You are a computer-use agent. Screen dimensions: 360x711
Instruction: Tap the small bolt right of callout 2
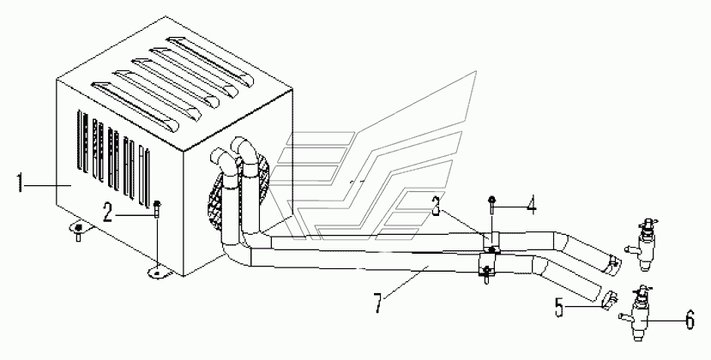(x=159, y=208)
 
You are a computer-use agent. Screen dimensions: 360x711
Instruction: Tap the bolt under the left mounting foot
(x=78, y=237)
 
